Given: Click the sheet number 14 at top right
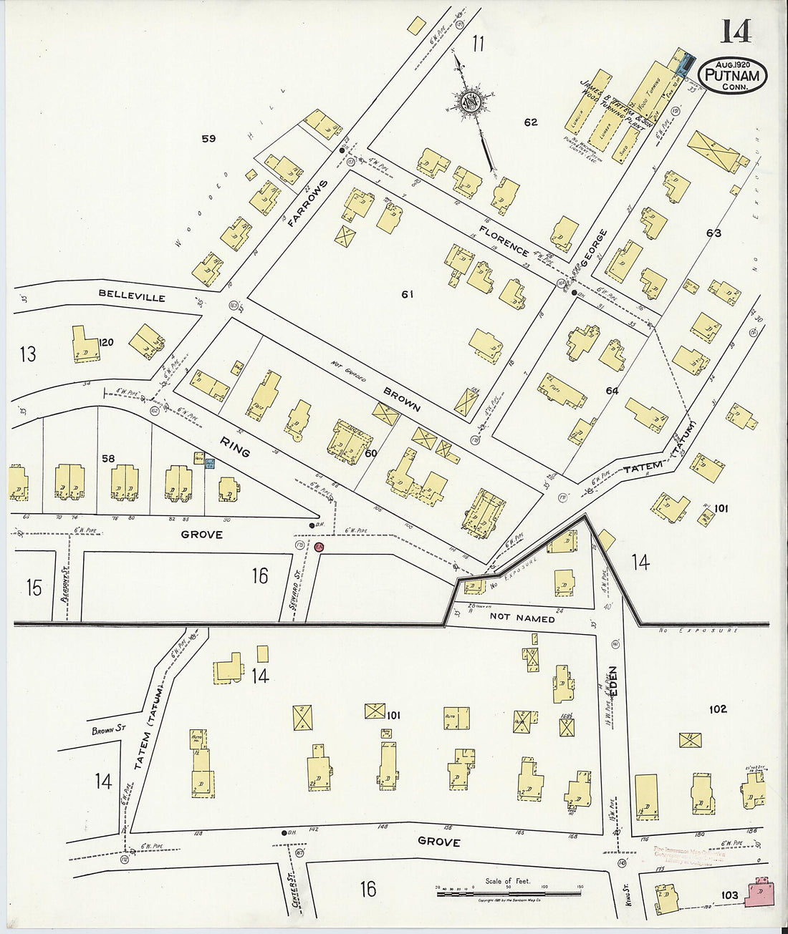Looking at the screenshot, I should coord(736,31).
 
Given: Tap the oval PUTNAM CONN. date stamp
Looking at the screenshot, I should coord(732,75).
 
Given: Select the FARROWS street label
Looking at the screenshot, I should coord(307,203).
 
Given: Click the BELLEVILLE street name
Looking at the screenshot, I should coord(132,296).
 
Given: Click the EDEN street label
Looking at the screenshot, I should coord(614,681).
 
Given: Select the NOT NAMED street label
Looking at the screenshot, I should coord(522,618).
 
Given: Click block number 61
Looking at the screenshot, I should coord(407,294).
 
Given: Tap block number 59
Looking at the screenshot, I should coord(208,139).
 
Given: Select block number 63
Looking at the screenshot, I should coord(713,233).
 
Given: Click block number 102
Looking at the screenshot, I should coord(717,709).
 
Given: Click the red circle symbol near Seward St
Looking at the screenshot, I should coord(319,547).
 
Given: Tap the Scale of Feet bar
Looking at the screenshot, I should coord(508,892).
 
